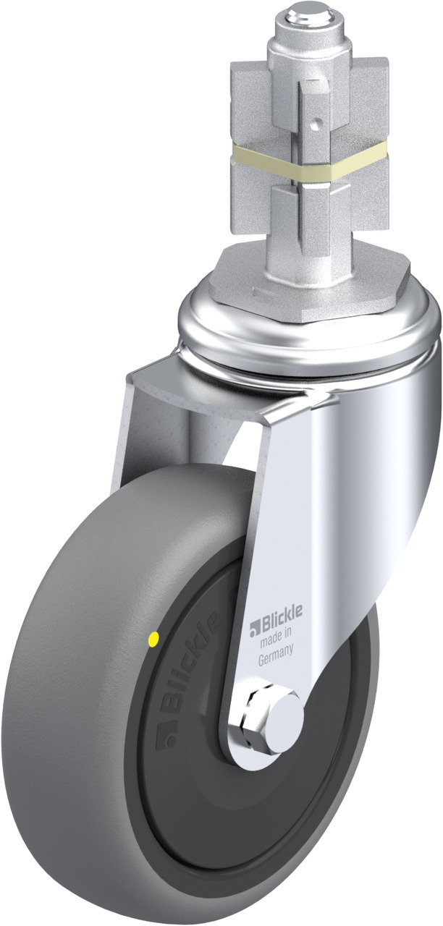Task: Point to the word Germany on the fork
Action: pos(276,655)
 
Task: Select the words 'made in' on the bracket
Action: pos(276,635)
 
